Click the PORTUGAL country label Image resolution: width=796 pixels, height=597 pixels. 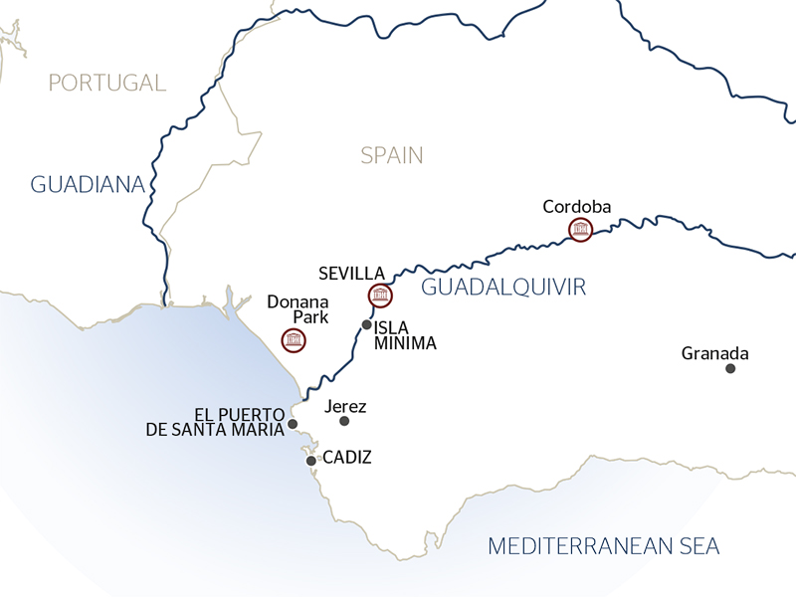(x=107, y=83)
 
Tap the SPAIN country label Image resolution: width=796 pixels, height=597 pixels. (x=392, y=155)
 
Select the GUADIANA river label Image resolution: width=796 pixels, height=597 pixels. (x=89, y=184)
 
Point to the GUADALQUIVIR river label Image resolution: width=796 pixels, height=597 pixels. (x=503, y=288)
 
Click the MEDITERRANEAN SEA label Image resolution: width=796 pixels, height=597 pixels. (x=604, y=545)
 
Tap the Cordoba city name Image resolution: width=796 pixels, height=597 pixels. (x=577, y=207)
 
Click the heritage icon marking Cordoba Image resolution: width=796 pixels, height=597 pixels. (x=580, y=231)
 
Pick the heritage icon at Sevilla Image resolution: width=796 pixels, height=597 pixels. (x=379, y=295)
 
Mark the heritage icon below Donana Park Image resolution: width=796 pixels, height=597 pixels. (x=294, y=341)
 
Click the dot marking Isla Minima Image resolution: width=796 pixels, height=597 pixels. (x=367, y=325)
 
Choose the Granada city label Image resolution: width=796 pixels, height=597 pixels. (x=714, y=353)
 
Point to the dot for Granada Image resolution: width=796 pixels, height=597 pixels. (x=730, y=368)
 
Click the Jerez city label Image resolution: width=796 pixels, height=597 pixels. (x=346, y=406)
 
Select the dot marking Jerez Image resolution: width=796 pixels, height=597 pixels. (x=345, y=421)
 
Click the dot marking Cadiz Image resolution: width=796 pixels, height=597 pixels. (x=311, y=461)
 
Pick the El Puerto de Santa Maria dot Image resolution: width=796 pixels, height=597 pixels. (x=293, y=424)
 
